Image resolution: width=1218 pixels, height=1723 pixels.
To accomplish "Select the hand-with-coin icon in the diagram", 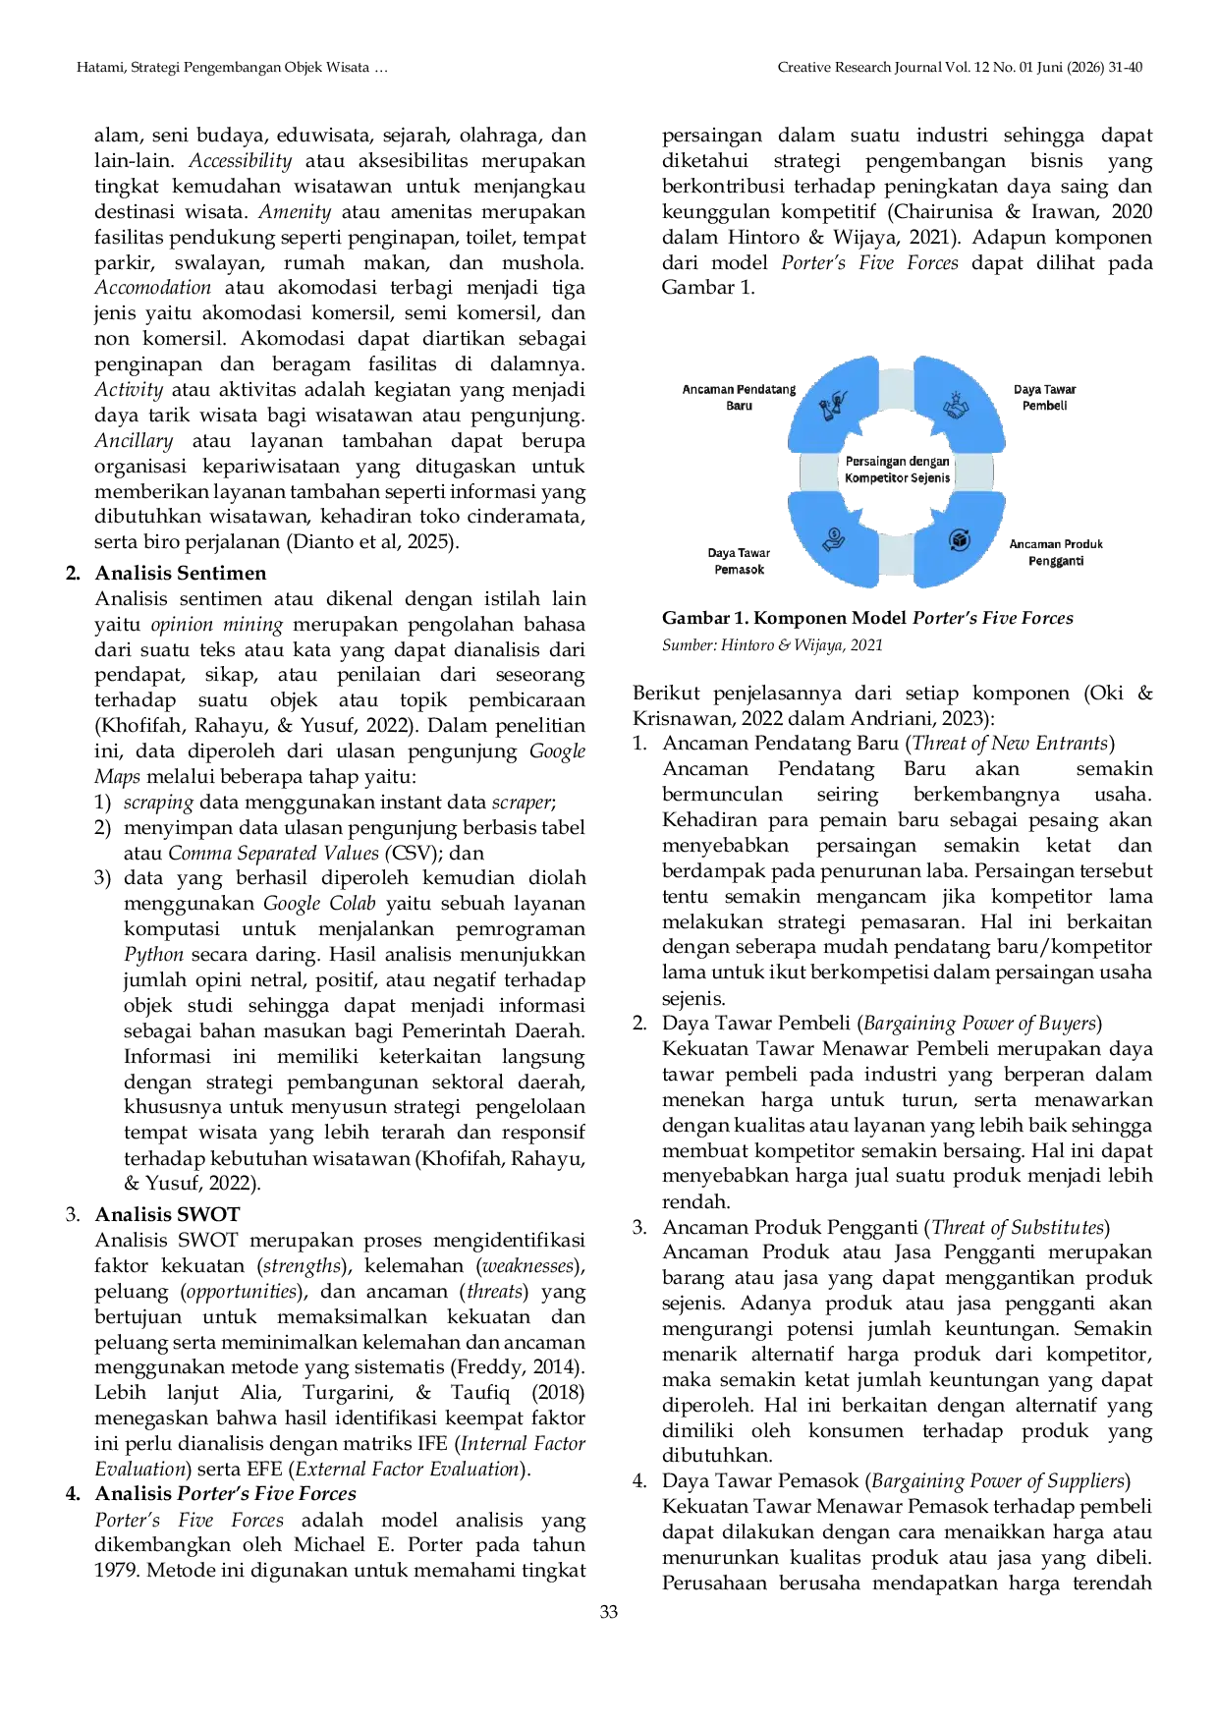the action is [834, 538].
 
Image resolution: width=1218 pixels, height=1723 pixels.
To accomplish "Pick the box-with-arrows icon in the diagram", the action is [959, 539].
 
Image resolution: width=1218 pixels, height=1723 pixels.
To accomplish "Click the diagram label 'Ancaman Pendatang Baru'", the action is [739, 397].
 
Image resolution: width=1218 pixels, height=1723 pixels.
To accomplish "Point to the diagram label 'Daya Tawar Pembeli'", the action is [1044, 397].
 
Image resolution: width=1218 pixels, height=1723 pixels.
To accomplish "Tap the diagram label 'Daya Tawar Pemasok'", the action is [739, 561].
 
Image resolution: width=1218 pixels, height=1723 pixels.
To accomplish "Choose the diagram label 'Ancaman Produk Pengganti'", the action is [1056, 552].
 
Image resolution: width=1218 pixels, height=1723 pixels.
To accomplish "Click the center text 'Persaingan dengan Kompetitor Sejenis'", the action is [898, 470].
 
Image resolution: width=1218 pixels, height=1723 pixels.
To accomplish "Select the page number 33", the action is [609, 1612].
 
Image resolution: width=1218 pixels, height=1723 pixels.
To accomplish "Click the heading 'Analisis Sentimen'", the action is [181, 573].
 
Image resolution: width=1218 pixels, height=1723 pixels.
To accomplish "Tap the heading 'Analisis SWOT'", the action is [167, 1214].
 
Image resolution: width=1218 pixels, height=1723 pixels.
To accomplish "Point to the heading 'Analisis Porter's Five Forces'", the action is [226, 1494].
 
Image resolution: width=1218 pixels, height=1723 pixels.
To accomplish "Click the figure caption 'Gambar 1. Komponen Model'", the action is [785, 618].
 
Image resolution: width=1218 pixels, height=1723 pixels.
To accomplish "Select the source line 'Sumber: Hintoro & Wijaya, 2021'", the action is [772, 645].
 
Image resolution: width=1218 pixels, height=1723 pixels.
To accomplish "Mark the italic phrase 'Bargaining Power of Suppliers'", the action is [998, 1481].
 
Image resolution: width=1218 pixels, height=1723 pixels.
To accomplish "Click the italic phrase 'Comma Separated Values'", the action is [273, 854].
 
